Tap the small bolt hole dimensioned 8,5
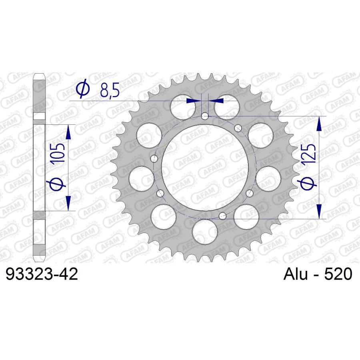click(205, 116)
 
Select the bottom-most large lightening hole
click(204, 231)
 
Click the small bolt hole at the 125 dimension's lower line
click(223, 216)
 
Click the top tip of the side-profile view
click(39, 75)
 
